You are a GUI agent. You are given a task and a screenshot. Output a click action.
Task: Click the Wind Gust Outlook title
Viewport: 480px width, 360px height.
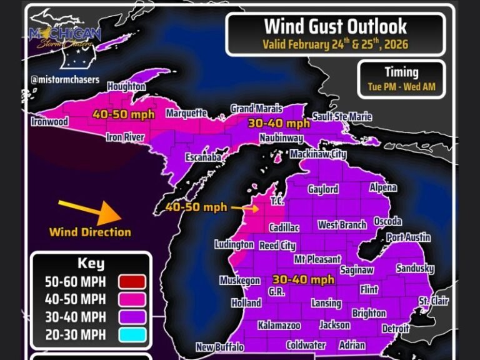(x=335, y=26)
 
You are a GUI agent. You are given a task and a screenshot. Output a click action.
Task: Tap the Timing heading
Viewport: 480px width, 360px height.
(x=401, y=71)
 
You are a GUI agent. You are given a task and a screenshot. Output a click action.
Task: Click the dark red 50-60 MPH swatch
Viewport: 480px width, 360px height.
(x=130, y=282)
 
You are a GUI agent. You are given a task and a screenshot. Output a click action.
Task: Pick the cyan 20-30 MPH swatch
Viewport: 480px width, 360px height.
(x=130, y=334)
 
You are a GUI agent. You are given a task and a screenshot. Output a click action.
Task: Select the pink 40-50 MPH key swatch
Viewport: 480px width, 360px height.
(x=130, y=299)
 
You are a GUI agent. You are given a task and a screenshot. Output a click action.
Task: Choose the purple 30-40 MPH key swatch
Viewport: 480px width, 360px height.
(x=130, y=317)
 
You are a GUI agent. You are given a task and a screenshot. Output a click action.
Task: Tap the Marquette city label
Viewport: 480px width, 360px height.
(x=186, y=114)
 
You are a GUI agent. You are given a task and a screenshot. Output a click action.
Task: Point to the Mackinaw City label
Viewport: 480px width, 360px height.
(x=317, y=154)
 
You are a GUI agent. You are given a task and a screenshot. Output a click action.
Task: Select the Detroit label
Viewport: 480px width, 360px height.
(x=396, y=328)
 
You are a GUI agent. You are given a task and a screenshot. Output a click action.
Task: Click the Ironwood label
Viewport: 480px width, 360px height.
(x=49, y=122)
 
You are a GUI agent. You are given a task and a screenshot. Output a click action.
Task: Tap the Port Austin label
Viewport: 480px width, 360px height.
(x=408, y=237)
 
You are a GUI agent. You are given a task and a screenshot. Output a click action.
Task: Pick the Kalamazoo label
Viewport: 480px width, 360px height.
(x=279, y=326)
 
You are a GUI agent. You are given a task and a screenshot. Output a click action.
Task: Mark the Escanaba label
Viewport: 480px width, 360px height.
(x=204, y=158)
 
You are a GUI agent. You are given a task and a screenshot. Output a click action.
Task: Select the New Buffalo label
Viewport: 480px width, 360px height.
(x=219, y=347)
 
